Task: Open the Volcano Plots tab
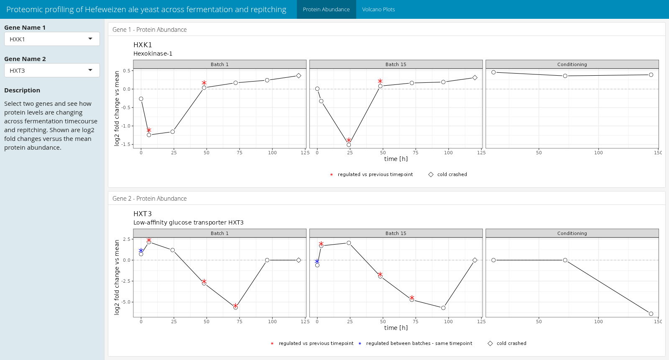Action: point(378,9)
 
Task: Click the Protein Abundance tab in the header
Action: point(326,9)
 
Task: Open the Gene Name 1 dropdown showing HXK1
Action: point(52,39)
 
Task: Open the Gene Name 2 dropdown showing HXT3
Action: point(52,70)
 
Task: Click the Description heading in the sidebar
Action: point(22,90)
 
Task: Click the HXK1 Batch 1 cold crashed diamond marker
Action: point(299,76)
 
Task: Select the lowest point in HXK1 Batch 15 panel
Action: point(349,145)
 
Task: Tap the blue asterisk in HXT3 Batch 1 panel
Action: point(141,250)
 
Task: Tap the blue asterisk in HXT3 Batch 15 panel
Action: point(317,261)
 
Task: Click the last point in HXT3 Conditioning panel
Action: point(651,314)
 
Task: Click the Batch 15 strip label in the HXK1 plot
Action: point(396,64)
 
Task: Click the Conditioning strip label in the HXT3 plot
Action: point(572,233)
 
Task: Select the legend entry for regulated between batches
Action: point(419,343)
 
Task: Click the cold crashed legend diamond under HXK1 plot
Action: point(431,174)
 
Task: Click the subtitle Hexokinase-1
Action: point(153,54)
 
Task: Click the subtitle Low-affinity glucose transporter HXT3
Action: point(188,222)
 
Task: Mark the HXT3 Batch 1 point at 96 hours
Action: point(267,260)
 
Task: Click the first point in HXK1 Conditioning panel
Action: point(493,72)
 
